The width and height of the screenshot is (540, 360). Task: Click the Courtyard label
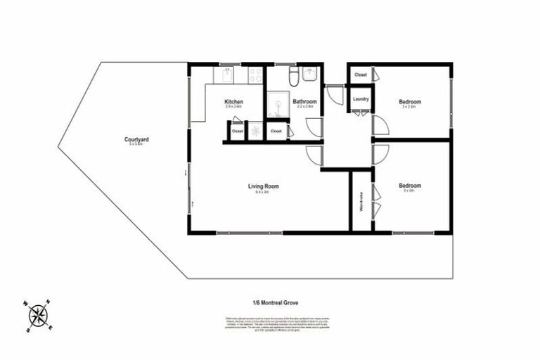pyautogui.click(x=136, y=140)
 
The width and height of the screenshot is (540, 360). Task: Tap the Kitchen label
pyautogui.click(x=233, y=103)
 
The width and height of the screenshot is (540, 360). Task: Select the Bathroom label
pyautogui.click(x=305, y=103)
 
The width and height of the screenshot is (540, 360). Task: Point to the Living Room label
pyautogui.click(x=264, y=186)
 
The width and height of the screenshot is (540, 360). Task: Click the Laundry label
pyautogui.click(x=361, y=99)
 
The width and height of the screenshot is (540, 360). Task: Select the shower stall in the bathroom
pyautogui.click(x=278, y=105)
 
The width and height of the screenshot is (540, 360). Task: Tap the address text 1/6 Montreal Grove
pyautogui.click(x=269, y=303)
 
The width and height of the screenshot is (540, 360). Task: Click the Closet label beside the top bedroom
pyautogui.click(x=360, y=75)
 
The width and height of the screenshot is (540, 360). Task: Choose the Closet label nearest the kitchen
pyautogui.click(x=237, y=131)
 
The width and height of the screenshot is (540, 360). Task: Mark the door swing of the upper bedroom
pyautogui.click(x=380, y=126)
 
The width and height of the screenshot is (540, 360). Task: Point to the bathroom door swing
pyautogui.click(x=314, y=127)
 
